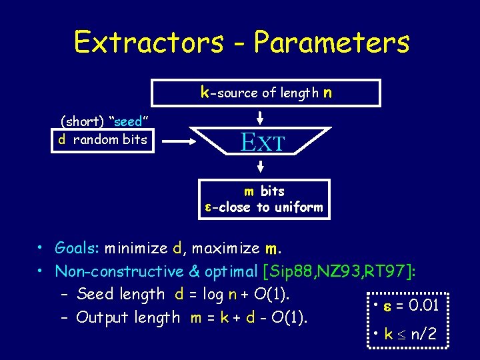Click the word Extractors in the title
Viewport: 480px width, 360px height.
pyautogui.click(x=149, y=42)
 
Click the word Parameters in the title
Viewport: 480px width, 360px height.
pyautogui.click(x=331, y=42)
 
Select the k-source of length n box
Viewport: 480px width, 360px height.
pyautogui.click(x=266, y=93)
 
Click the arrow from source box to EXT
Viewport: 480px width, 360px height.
pyautogui.click(x=261, y=117)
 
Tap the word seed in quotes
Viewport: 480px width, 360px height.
pyautogui.click(x=128, y=122)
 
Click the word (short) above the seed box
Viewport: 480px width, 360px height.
pyautogui.click(x=83, y=122)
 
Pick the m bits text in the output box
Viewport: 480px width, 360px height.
pyautogui.click(x=264, y=191)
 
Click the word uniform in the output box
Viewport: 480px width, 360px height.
pyautogui.click(x=298, y=207)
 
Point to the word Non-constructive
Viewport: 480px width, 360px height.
pyautogui.click(x=119, y=271)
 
